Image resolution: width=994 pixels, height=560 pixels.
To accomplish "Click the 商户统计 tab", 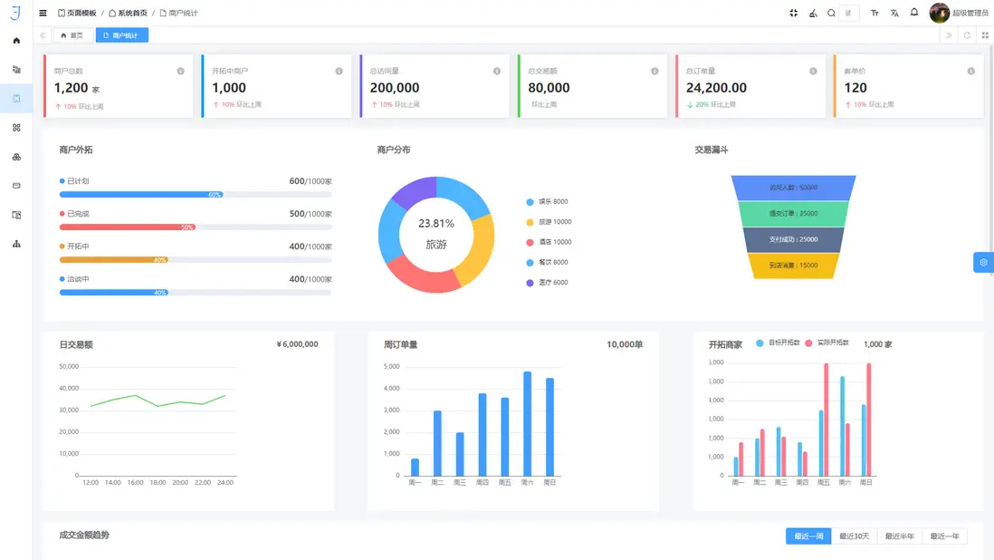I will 121,35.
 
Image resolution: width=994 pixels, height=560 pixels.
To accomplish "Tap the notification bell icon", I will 914,13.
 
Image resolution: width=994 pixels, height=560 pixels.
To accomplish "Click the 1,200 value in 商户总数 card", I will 72,88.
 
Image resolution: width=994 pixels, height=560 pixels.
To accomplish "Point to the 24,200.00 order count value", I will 716,88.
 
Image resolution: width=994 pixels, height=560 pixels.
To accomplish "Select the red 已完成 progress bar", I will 128,227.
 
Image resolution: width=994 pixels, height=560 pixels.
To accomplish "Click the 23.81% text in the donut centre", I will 436,223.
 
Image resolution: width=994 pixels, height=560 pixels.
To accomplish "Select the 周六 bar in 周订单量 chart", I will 527,423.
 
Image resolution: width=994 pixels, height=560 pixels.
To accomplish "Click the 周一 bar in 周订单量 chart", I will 415,467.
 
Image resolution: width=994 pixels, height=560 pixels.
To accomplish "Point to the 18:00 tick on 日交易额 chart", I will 158,482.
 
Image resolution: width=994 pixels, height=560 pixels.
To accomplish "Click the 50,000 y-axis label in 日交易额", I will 68,367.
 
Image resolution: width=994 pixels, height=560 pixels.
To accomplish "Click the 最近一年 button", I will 943,536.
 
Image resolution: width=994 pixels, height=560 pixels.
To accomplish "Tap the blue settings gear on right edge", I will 983,262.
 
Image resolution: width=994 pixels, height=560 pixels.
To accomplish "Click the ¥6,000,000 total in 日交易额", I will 297,344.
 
